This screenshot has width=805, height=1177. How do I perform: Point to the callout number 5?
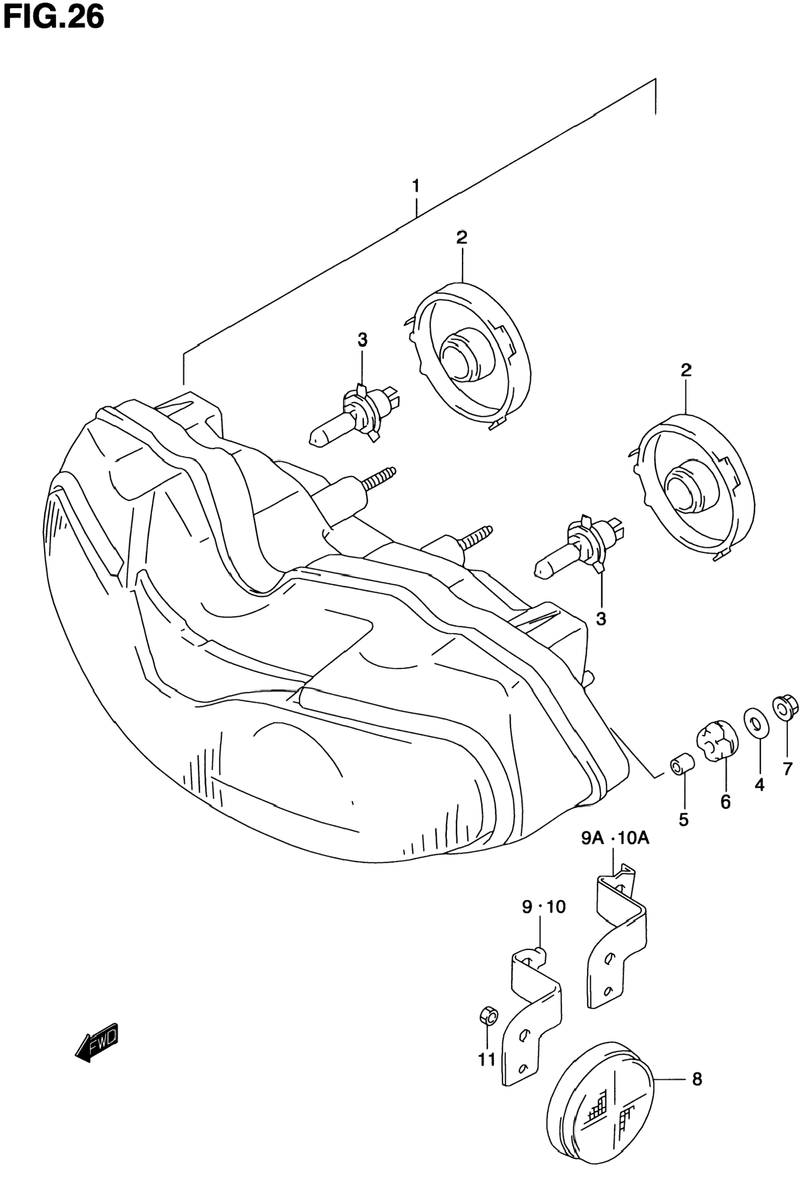(x=684, y=820)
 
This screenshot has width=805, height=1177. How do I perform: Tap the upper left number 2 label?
(x=461, y=238)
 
